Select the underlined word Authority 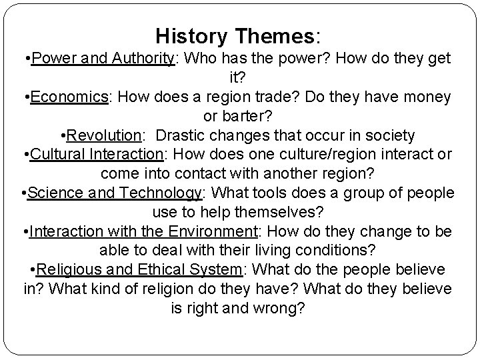140,58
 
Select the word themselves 274,213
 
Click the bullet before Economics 27,97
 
